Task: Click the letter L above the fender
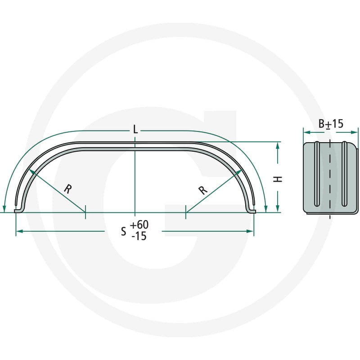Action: [135, 130]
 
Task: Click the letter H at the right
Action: [278, 179]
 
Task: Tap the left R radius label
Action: [68, 189]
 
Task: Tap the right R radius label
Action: [203, 190]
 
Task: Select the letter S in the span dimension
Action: [123, 232]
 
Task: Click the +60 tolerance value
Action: [139, 225]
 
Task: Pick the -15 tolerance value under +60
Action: [139, 236]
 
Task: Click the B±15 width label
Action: [331, 124]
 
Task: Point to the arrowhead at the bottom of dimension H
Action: [278, 208]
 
